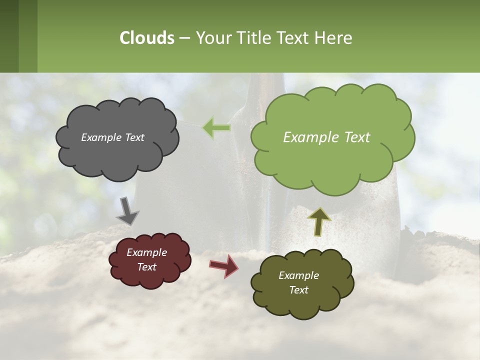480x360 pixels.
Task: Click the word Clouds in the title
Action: tap(147, 38)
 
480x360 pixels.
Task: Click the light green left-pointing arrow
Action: tap(216, 128)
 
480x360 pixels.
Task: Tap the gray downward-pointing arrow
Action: tap(127, 210)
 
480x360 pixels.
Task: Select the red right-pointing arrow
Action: tap(223, 266)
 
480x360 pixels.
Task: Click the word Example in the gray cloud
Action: tap(100, 137)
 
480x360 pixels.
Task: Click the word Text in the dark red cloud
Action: tap(147, 267)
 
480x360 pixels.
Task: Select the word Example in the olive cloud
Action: tap(298, 275)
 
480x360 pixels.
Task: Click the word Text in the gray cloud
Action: tap(134, 137)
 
